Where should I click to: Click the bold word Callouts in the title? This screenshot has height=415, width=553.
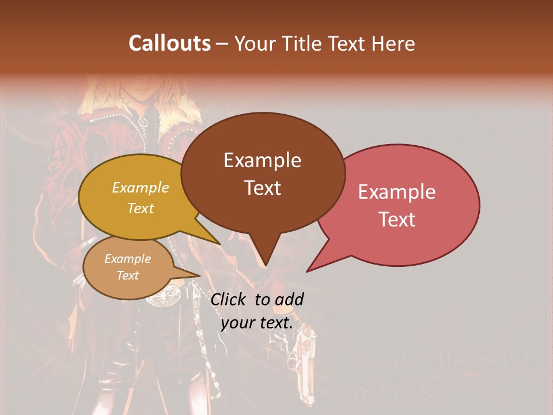point(169,43)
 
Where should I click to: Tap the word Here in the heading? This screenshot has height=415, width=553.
point(392,43)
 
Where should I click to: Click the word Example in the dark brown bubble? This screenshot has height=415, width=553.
point(262,160)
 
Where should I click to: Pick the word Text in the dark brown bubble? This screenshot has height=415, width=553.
point(262,187)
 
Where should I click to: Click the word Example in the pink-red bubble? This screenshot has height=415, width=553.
point(397,192)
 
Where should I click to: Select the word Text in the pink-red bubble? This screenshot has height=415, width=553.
point(397,219)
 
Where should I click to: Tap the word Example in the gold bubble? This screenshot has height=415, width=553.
point(141,188)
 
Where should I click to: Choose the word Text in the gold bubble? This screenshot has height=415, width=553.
point(141,208)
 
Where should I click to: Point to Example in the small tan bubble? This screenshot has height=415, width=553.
point(127,259)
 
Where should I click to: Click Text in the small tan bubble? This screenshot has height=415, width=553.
point(127,276)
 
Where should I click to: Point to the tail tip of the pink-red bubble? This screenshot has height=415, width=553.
point(308,271)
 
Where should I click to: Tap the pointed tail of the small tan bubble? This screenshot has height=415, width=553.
point(199,276)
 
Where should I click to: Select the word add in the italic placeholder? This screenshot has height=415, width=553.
point(290,299)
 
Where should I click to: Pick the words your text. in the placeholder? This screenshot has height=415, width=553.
point(256,323)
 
